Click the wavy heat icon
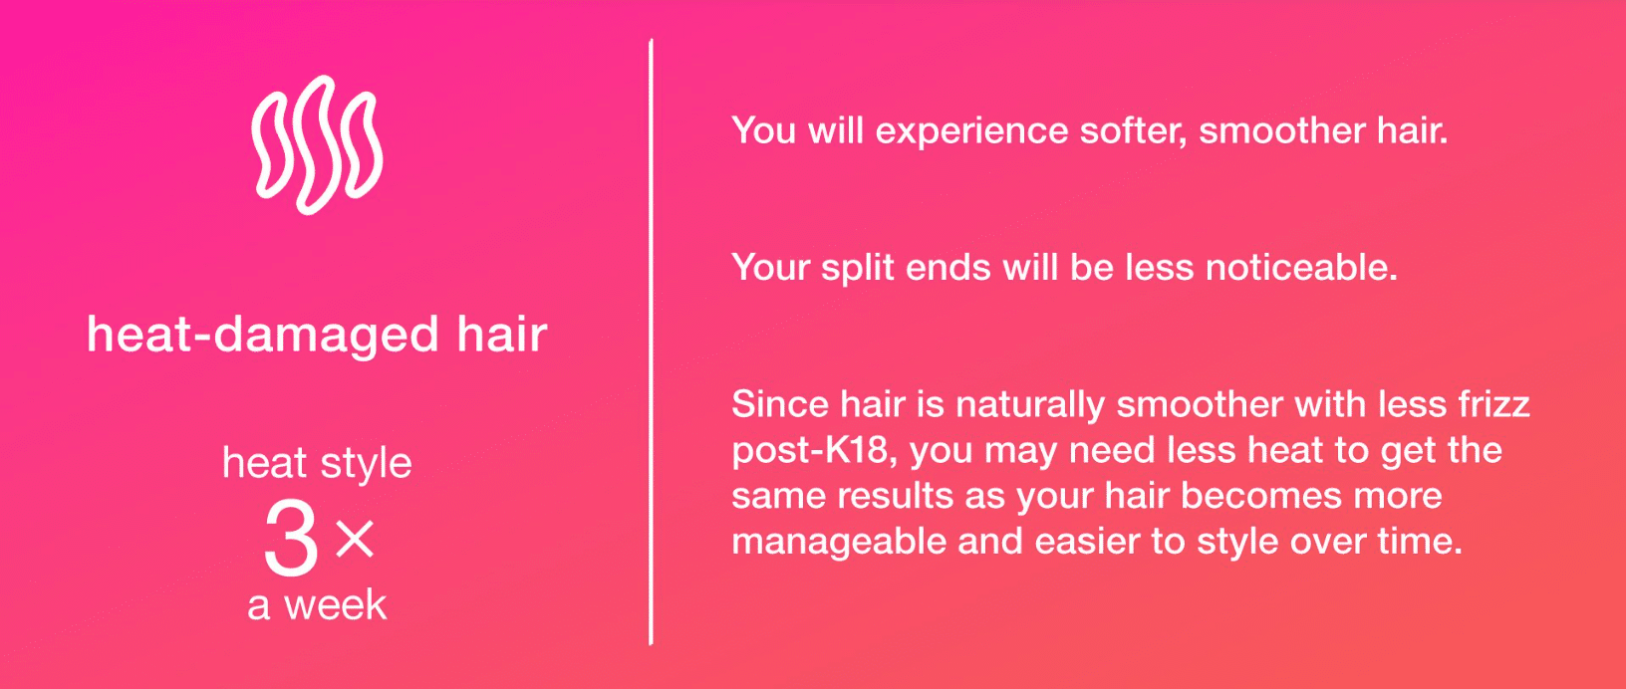click(x=317, y=145)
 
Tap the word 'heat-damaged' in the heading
click(x=263, y=335)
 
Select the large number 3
click(x=290, y=538)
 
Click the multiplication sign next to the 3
click(x=355, y=539)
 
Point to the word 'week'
click(x=335, y=605)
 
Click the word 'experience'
click(x=971, y=132)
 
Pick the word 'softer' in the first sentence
click(x=1133, y=131)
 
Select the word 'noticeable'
click(x=1301, y=268)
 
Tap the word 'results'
click(x=895, y=496)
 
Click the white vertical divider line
click(x=652, y=342)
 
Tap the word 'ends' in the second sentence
click(x=948, y=268)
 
